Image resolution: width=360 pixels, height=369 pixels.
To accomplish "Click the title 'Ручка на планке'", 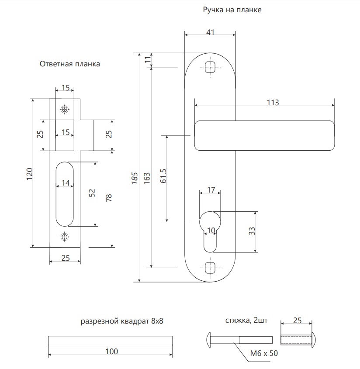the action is [x=232, y=10].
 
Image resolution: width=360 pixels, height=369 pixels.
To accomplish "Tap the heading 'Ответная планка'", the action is [x=70, y=64].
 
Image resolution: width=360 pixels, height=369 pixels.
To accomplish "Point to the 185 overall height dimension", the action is [x=135, y=178].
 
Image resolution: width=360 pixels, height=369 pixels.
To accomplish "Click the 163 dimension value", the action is [x=147, y=178].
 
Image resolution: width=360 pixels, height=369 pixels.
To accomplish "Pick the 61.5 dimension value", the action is [x=163, y=176].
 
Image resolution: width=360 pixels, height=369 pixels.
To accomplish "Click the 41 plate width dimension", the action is [x=210, y=32].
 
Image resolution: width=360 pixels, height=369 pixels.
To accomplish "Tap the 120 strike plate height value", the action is [x=29, y=174].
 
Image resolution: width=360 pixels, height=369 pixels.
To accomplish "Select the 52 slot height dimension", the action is [x=92, y=193].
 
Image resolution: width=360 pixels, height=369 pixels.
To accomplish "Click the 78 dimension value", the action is [x=108, y=198].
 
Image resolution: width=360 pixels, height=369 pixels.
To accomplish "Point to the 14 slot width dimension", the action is [x=66, y=183].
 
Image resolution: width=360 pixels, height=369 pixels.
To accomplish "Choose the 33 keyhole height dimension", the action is [x=252, y=231].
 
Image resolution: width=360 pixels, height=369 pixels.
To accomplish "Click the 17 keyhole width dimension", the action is [x=211, y=190].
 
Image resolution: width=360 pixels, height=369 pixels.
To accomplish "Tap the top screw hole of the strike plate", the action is [x=65, y=109].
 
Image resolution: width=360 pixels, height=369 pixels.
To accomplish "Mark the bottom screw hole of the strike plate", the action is [x=65, y=237].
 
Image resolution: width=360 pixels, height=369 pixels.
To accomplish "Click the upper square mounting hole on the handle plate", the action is [x=210, y=67].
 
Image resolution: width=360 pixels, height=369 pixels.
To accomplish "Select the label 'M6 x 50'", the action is [x=264, y=353].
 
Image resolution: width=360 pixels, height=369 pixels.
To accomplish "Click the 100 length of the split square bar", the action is [x=111, y=352].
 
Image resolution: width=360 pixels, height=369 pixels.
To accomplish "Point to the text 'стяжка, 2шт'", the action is [x=246, y=321].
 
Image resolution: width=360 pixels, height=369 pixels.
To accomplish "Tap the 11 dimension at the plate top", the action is [x=148, y=59].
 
